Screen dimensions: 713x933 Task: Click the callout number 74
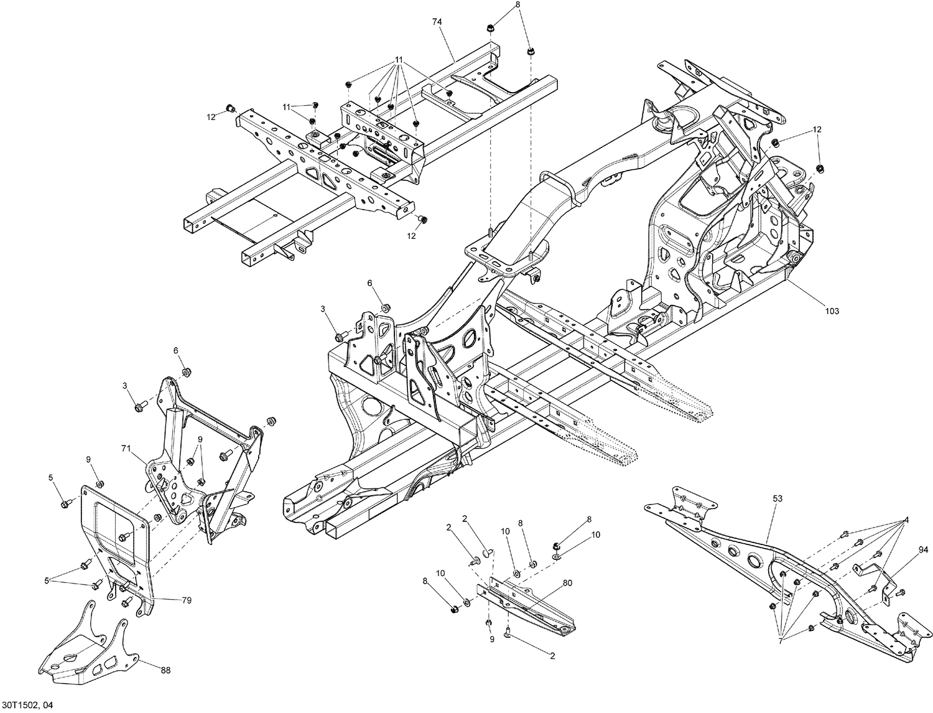(x=437, y=22)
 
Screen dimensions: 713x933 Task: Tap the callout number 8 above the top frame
(x=517, y=5)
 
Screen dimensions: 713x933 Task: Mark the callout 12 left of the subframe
(x=211, y=116)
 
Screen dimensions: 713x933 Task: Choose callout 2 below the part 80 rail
(x=552, y=655)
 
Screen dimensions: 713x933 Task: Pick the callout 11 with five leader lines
(x=399, y=60)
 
